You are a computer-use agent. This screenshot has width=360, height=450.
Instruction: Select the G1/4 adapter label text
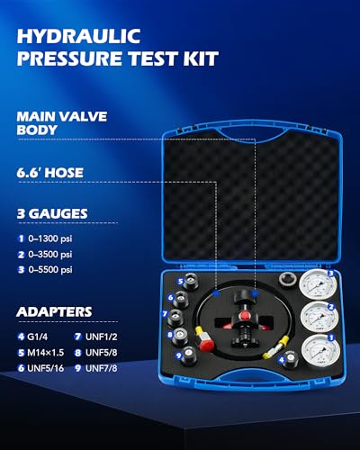click(40, 336)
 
